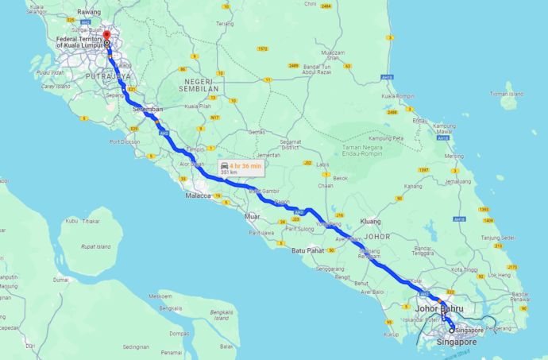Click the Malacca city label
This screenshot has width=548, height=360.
click(198, 195)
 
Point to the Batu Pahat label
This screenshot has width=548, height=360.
click(307, 250)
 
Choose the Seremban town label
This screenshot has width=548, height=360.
click(148, 109)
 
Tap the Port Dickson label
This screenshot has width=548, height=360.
click(125, 142)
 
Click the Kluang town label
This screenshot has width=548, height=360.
click(371, 222)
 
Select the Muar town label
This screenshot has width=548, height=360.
click(253, 216)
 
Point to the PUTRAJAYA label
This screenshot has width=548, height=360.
click(105, 76)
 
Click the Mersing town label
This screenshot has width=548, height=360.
click(454, 157)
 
